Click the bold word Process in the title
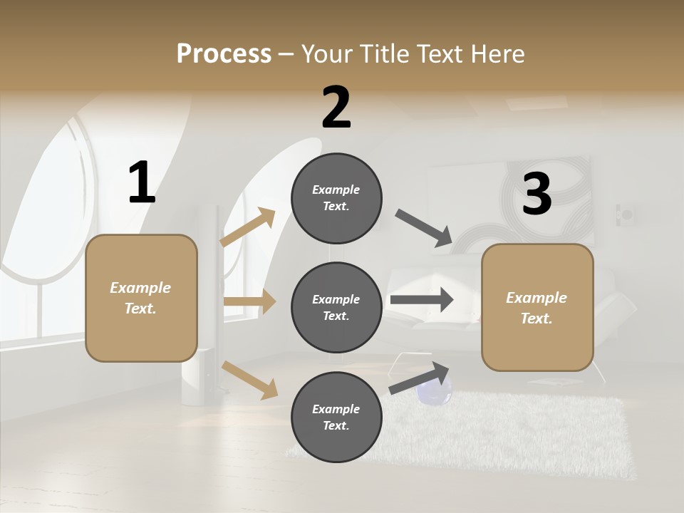pyautogui.click(x=224, y=54)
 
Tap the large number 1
pyautogui.click(x=142, y=183)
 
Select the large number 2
pyautogui.click(x=336, y=108)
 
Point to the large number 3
pyautogui.click(x=537, y=194)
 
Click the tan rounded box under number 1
pyautogui.click(x=141, y=298)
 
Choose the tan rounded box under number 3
pyautogui.click(x=537, y=308)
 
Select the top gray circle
pyautogui.click(x=336, y=198)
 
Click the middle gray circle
pyautogui.click(x=336, y=307)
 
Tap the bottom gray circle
pyautogui.click(x=336, y=417)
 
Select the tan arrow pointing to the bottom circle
pyautogui.click(x=249, y=379)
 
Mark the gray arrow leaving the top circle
pyautogui.click(x=424, y=228)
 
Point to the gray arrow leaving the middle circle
pyautogui.click(x=422, y=300)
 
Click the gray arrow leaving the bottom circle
pyautogui.click(x=420, y=378)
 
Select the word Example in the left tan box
pyautogui.click(x=140, y=288)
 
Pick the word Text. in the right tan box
pyautogui.click(x=537, y=318)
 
